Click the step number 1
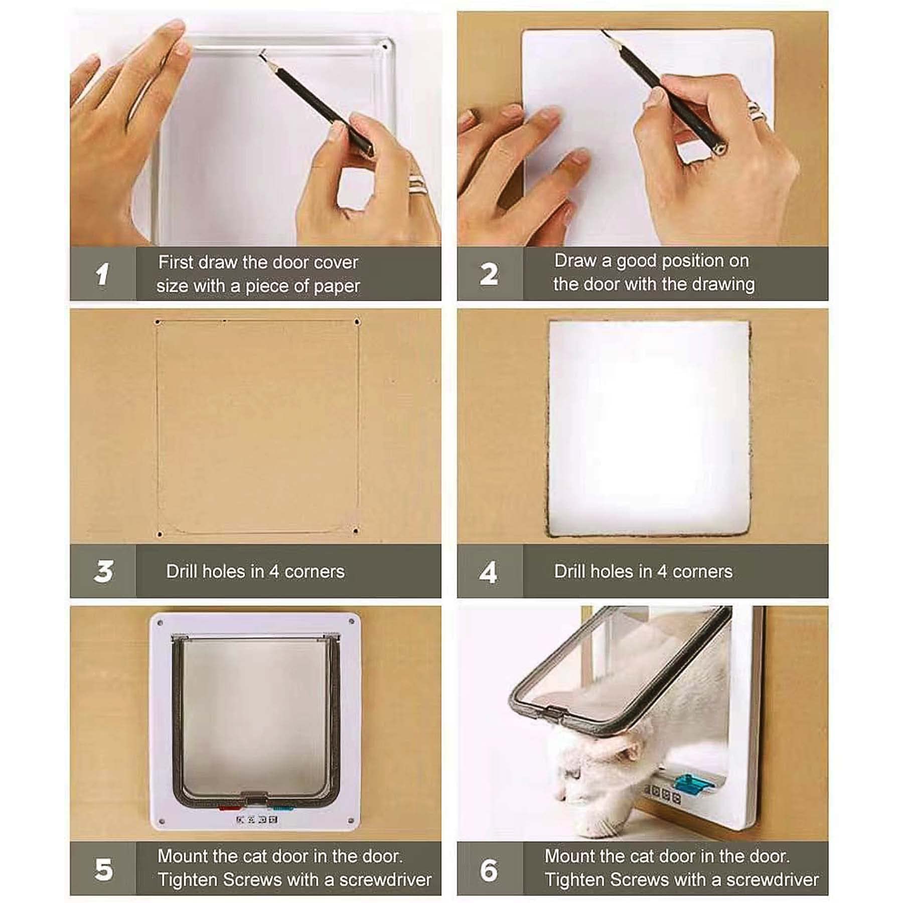click(x=102, y=274)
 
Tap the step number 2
click(x=489, y=274)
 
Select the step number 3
click(x=103, y=571)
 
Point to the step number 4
click(x=488, y=572)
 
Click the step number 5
click(x=104, y=869)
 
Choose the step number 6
click(x=489, y=870)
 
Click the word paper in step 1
click(x=337, y=286)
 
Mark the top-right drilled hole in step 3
click(x=357, y=322)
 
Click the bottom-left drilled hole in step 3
click(x=160, y=534)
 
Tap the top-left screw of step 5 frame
click(x=160, y=623)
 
